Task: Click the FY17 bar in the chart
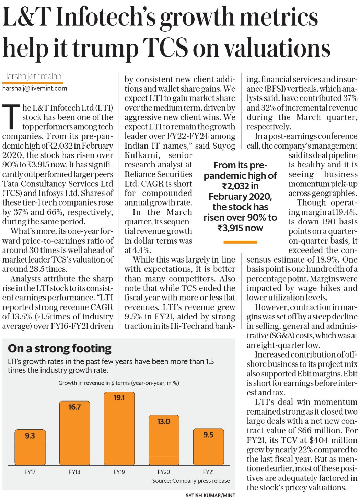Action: (30, 447)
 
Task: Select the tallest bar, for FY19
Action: (119, 428)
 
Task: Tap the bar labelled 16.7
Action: (74, 433)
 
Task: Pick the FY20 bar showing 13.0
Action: (164, 440)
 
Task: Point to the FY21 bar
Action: (208, 447)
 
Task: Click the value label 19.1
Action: (119, 397)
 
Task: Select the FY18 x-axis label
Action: (74, 472)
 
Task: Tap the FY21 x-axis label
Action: (208, 472)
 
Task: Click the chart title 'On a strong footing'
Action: (60, 349)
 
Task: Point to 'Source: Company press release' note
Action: (191, 481)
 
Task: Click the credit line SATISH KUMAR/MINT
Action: (210, 495)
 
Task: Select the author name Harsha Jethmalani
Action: (33, 77)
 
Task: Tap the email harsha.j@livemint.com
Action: (35, 89)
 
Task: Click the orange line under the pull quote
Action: (240, 242)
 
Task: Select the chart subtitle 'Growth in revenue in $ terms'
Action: (94, 383)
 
